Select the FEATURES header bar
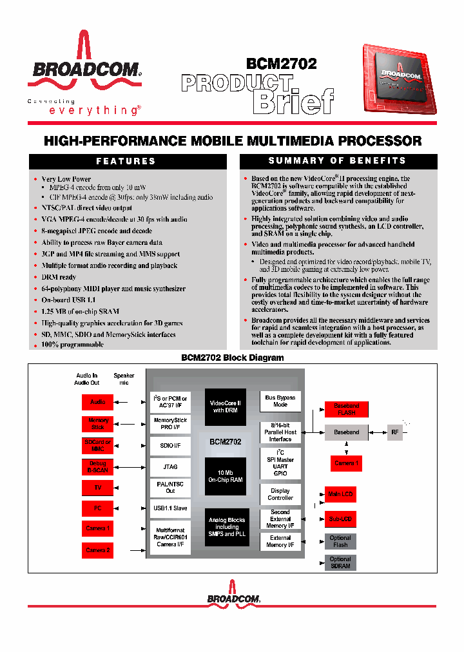coord(126,161)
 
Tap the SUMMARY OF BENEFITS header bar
coord(337,161)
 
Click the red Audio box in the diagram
coord(97,402)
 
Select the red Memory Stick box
coord(97,424)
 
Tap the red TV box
coord(97,488)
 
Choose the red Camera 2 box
coord(97,550)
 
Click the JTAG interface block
coord(170,466)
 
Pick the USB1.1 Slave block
coord(170,508)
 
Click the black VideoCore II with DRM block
coord(226,407)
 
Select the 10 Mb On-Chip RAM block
coord(226,475)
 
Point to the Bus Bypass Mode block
coord(280,401)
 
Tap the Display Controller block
coord(280,494)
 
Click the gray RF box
coord(394,432)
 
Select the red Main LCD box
coord(340,495)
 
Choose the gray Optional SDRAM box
coord(340,562)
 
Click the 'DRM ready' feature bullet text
coord(59,277)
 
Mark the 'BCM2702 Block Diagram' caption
coord(232,358)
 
